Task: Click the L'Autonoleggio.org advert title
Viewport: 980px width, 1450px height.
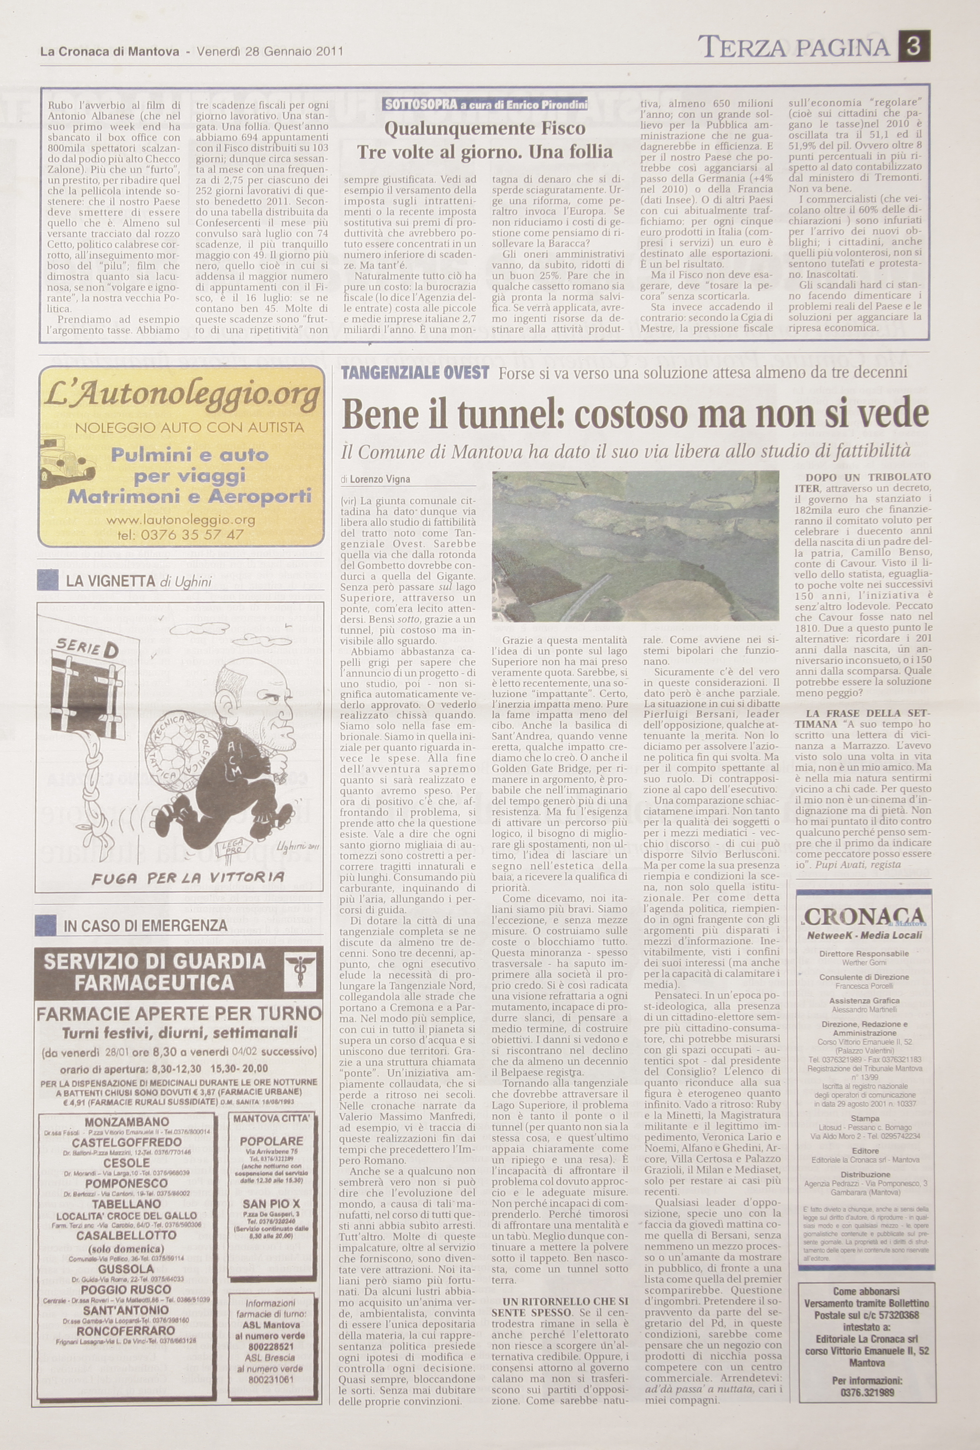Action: [181, 394]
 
